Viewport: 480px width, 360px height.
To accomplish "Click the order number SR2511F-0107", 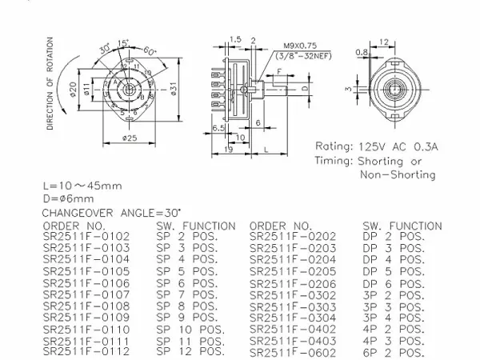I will click(x=83, y=294).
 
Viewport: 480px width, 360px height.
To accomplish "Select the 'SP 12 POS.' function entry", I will click(x=190, y=351).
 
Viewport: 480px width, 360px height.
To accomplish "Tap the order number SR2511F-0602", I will click(x=293, y=352).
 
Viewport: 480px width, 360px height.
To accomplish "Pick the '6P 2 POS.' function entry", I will click(x=392, y=352).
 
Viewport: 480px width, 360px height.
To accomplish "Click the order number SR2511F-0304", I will click(x=293, y=318).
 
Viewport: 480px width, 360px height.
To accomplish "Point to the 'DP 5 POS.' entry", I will click(x=392, y=272).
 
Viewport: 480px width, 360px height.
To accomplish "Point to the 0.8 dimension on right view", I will click(x=361, y=53).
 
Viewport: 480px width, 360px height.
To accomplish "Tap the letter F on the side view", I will click(x=278, y=72).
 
